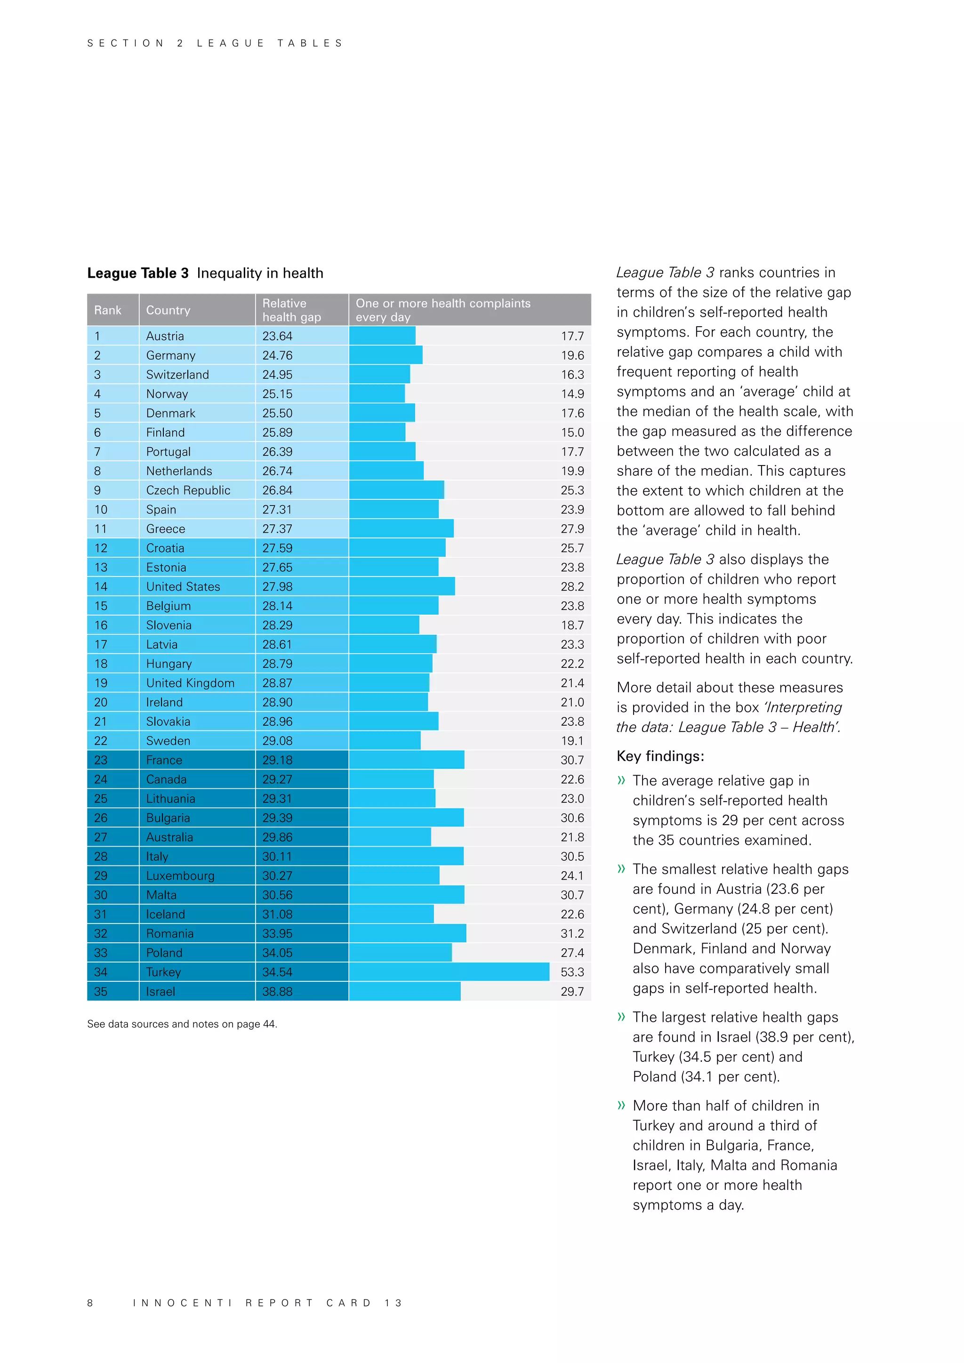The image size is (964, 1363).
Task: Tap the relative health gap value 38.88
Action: coord(277,991)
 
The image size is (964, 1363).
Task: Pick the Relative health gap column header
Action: coord(291,310)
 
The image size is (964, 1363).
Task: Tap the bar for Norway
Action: coord(377,393)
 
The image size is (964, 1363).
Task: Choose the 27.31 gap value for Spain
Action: coord(277,509)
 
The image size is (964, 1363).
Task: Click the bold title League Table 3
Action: coord(138,273)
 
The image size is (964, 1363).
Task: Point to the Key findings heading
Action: coord(660,756)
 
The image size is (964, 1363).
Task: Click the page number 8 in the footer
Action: coord(90,1303)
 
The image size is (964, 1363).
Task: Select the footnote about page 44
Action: coord(182,1024)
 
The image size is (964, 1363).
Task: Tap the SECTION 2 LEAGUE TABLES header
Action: coord(215,43)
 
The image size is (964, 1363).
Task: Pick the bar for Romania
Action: coord(407,933)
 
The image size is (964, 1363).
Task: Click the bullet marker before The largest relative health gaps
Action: coord(621,1017)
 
